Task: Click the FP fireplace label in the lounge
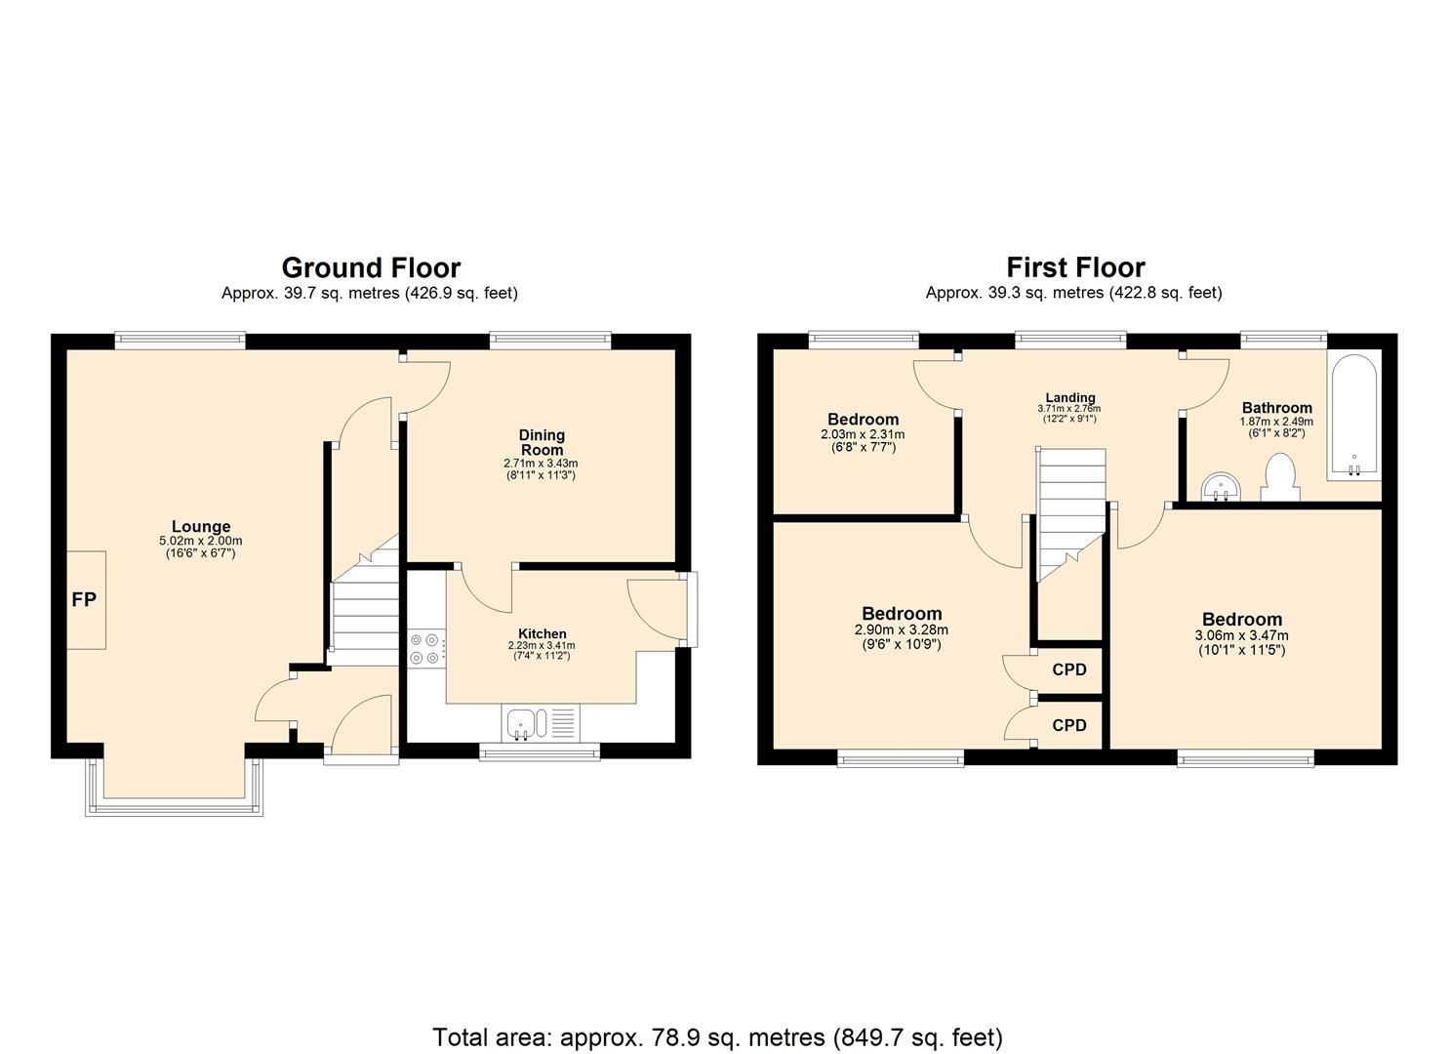[85, 600]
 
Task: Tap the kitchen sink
[525, 724]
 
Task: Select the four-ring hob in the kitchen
[425, 649]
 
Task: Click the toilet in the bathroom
[1278, 478]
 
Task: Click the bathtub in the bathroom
[1353, 417]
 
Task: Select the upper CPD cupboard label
[1069, 670]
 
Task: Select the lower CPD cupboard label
[1069, 726]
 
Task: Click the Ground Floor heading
[371, 267]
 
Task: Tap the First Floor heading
[1075, 267]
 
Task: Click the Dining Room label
[542, 442]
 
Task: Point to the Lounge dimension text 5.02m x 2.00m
[201, 541]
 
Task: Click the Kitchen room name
[542, 633]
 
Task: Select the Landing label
[1071, 397]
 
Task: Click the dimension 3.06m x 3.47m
[1241, 635]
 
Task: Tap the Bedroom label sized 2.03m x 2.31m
[863, 420]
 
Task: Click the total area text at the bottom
[717, 1036]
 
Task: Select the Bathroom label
[1276, 408]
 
